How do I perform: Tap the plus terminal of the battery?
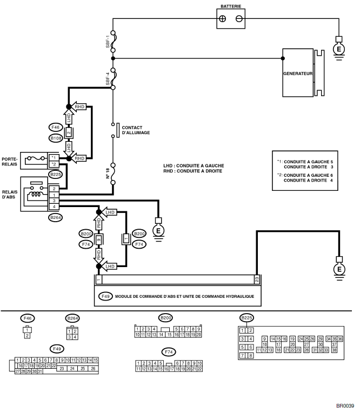coord(222,18)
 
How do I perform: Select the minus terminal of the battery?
coord(239,18)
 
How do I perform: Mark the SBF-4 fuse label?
coord(108,79)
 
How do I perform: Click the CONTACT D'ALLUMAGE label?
coord(136,130)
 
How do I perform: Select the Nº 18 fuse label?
coord(108,173)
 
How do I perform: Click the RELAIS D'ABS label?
coord(10,194)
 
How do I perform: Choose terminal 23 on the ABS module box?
coord(257,280)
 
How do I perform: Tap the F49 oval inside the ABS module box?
coord(105,297)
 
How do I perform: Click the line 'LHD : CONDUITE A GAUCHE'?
coord(193,165)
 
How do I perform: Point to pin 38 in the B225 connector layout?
coord(334,350)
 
